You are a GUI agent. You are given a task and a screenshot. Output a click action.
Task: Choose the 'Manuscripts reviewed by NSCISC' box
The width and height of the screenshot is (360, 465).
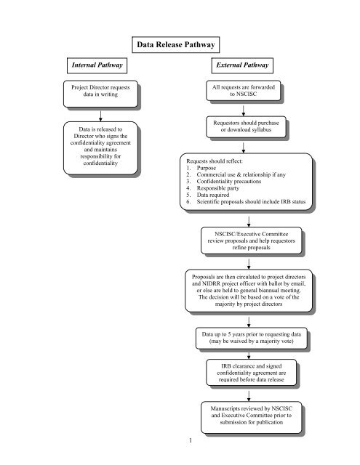pyautogui.click(x=249, y=420)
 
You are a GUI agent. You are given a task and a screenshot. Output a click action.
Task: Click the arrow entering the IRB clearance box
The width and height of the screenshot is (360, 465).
pyautogui.click(x=249, y=354)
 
